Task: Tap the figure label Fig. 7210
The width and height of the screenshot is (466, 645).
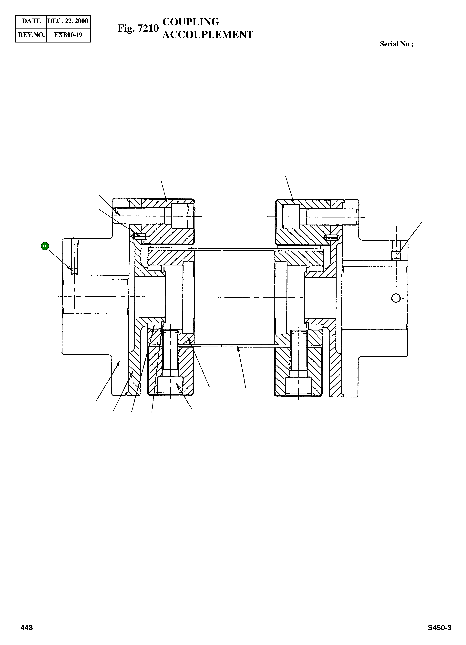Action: (x=138, y=28)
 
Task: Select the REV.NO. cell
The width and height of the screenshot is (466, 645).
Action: (x=31, y=35)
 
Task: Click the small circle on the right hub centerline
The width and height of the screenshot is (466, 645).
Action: (x=396, y=298)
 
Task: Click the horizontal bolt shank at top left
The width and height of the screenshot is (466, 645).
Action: (x=140, y=212)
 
